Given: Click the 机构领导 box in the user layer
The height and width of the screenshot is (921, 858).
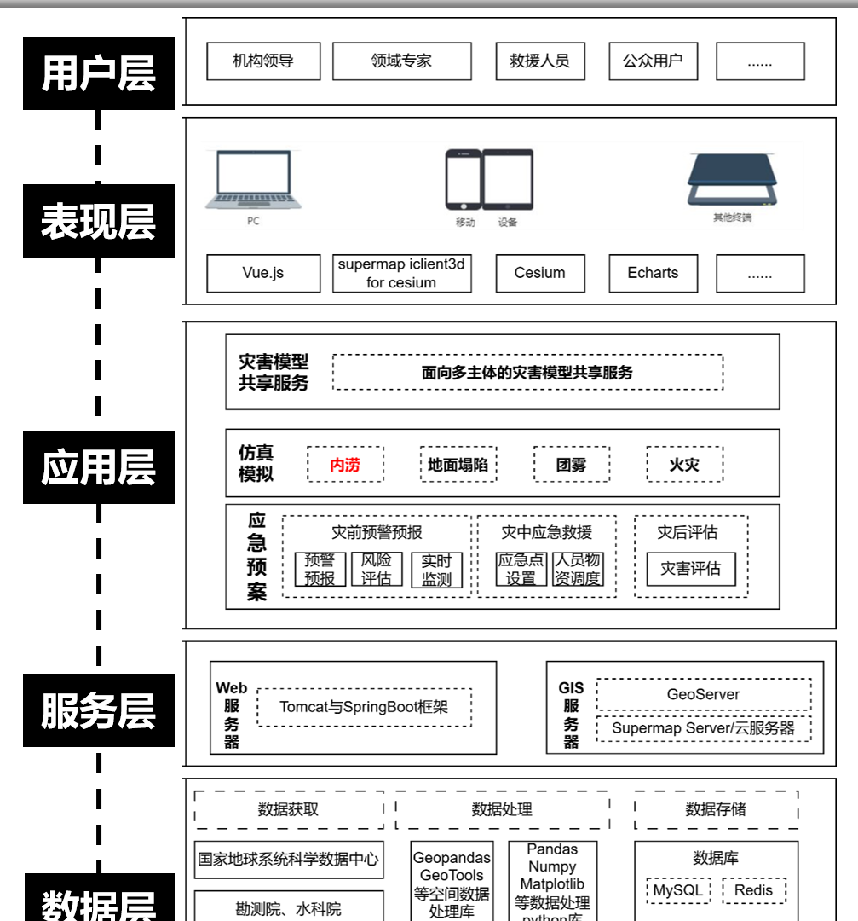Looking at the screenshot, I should point(263,61).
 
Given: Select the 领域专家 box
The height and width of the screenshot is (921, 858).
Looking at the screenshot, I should point(401,61).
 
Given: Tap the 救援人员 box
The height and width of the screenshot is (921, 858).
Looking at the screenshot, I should point(539,61).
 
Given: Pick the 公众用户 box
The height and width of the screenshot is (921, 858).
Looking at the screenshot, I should point(653,61).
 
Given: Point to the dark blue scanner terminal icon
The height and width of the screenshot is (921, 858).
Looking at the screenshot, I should point(733,180).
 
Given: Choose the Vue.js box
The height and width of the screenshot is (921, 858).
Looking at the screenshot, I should point(263,273).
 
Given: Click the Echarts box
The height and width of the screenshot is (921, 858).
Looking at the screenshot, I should point(653,273).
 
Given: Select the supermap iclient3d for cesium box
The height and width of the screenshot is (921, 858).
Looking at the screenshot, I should point(401,273).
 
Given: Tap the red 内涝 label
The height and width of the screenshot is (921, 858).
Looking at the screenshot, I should point(345,465).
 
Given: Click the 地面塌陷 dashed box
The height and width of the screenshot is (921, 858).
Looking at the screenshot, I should point(458,465).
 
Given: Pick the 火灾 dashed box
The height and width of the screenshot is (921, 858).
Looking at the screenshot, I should point(684,465).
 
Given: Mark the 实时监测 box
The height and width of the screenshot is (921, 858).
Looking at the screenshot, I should point(436,570).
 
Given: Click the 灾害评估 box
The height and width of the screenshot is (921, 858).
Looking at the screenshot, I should point(690,569).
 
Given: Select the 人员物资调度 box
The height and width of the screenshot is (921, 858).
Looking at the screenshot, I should point(578,570).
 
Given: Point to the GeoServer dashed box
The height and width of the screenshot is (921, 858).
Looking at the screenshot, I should point(703,694).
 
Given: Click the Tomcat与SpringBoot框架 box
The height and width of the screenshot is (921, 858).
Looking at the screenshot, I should point(364,707).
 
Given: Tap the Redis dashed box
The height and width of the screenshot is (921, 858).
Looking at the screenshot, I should point(753,891).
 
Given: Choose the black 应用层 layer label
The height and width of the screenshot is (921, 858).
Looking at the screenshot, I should point(99,466).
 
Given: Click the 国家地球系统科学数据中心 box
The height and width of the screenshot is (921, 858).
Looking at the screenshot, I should point(288,860).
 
